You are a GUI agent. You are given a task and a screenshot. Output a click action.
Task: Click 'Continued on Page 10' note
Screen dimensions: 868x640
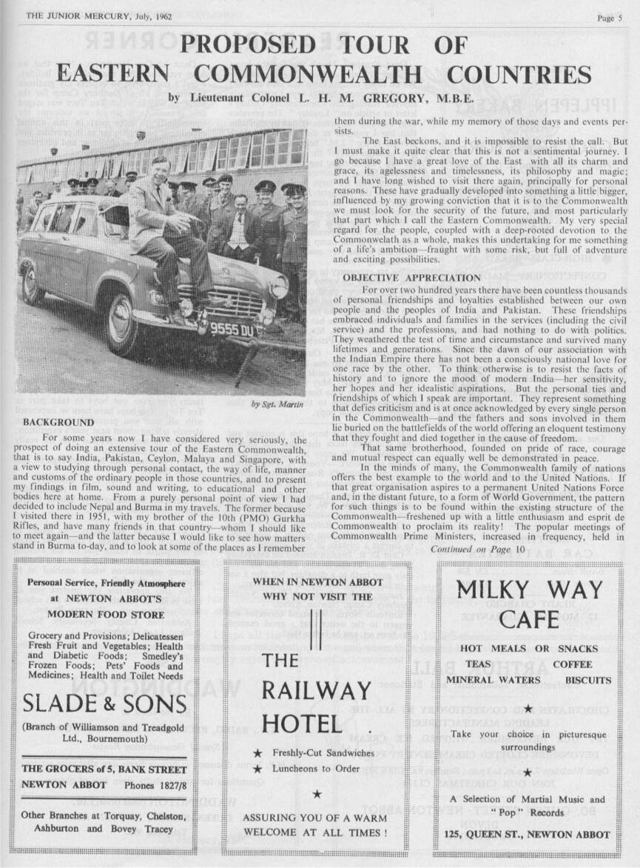coord(477,549)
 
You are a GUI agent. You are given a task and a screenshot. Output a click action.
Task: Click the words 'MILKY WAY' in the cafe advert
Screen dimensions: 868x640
coord(529,591)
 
